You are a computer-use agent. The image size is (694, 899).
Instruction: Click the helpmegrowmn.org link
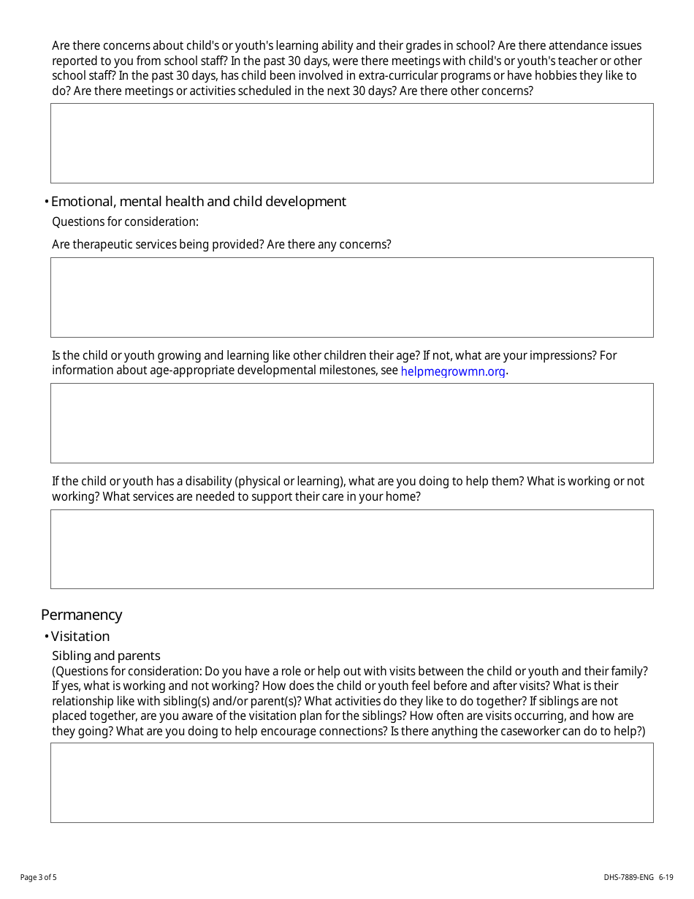(453, 371)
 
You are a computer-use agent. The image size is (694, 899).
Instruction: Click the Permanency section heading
(81, 615)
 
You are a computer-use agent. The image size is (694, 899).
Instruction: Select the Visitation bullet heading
(80, 637)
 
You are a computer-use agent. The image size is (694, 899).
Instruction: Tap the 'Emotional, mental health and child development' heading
(199, 202)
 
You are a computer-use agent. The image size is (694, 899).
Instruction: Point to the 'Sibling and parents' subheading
(106, 656)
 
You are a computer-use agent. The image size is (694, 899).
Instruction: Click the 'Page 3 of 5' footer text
(38, 877)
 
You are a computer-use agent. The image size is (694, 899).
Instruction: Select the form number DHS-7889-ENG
(629, 877)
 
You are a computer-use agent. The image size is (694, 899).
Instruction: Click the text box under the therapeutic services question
(351, 297)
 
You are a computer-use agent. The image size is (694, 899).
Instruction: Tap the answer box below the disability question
(351, 549)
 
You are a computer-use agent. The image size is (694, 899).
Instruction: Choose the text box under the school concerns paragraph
(351, 143)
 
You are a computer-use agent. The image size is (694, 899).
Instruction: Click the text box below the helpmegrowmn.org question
(351, 423)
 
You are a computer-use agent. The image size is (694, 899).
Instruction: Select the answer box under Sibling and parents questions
(351, 783)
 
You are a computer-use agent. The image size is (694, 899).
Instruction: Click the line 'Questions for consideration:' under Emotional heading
(125, 221)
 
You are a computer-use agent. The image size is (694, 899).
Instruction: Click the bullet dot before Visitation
(46, 637)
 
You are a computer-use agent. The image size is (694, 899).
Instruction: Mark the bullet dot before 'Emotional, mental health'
(46, 202)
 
